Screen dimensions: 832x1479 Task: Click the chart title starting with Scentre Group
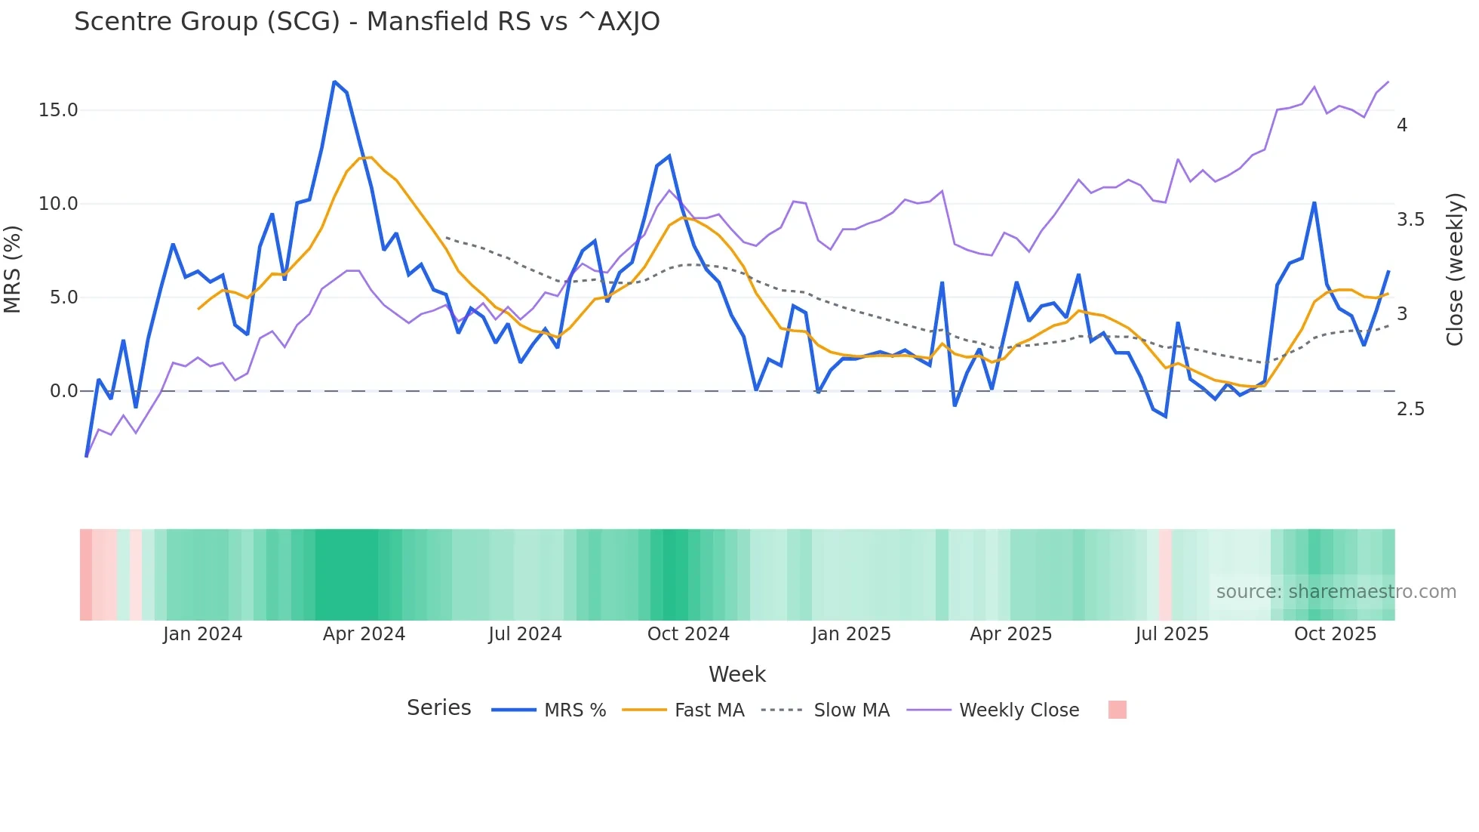367,22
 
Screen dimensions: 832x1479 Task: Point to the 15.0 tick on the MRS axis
58,110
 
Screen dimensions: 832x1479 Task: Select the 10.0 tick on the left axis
58,204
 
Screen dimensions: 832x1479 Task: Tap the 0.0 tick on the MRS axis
63,391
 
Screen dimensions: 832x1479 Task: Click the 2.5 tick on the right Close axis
1410,409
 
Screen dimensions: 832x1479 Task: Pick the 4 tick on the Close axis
1401,125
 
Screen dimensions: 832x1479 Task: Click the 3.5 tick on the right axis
1410,220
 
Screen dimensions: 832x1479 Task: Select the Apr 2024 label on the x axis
364,634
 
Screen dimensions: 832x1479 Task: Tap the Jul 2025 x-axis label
1171,634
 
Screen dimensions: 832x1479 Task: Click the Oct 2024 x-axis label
688,634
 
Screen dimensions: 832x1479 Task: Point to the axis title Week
736,674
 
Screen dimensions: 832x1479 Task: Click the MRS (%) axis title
13,269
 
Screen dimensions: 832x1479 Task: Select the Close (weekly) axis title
1455,269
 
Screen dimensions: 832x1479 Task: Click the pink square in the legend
1117,710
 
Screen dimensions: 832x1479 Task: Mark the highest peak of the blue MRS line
334,82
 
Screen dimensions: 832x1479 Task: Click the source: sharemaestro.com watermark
1336,592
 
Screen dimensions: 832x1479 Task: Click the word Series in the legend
438,708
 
